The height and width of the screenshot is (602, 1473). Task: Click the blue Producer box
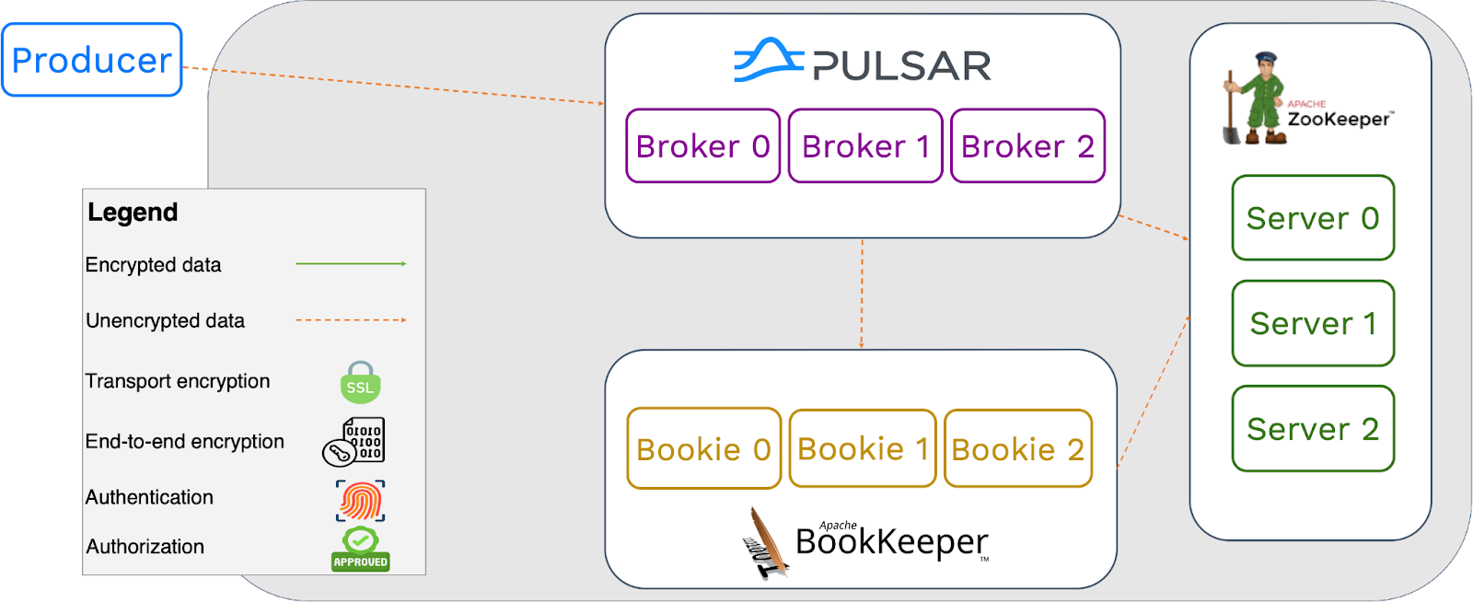point(92,61)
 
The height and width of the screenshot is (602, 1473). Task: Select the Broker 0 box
point(703,146)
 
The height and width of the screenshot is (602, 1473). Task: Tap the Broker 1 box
point(865,146)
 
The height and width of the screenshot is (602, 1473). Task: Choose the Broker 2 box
point(1027,146)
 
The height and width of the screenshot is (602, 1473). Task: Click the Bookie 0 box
point(704,448)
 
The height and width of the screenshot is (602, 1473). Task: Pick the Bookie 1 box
point(863,448)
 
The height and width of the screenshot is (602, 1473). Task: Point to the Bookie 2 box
point(1018,448)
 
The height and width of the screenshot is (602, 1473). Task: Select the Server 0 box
point(1313,218)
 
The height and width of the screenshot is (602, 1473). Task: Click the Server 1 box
point(1313,323)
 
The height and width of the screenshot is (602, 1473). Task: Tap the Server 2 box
point(1313,429)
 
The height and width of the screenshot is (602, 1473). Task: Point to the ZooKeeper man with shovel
point(1255,98)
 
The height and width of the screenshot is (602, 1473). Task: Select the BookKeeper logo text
point(891,542)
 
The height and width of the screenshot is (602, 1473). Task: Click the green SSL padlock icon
point(361,383)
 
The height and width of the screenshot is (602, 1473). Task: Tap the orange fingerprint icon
point(361,501)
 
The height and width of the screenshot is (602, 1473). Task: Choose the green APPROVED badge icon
point(361,550)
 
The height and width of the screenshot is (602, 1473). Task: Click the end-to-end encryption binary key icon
point(354,441)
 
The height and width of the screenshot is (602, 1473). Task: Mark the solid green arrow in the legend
point(350,264)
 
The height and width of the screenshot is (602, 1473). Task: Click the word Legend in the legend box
point(133,213)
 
